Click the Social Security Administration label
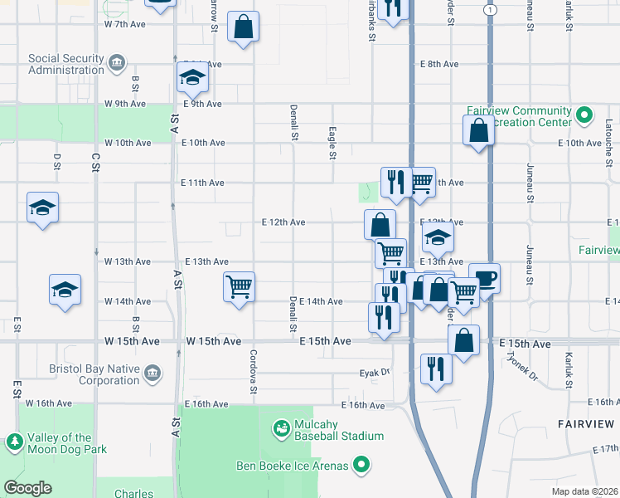click(x=66, y=64)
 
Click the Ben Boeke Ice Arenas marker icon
click(x=361, y=466)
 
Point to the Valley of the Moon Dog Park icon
click(x=14, y=443)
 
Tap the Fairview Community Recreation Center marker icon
click(x=584, y=114)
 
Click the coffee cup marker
click(x=484, y=278)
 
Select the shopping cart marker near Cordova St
click(x=239, y=287)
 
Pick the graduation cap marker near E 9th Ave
click(x=192, y=78)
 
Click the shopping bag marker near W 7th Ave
click(x=243, y=27)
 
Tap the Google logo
click(x=28, y=488)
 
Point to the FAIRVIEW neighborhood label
click(x=585, y=423)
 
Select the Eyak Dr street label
click(x=375, y=373)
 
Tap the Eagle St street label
click(x=332, y=143)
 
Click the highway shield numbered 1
click(x=491, y=9)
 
